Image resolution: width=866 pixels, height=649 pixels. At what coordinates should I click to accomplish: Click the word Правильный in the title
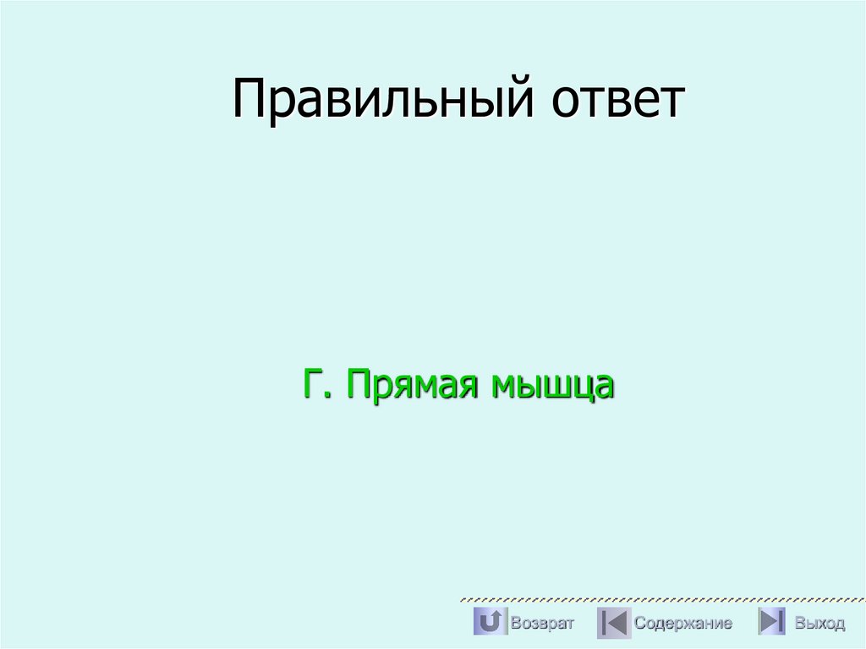[x=383, y=100]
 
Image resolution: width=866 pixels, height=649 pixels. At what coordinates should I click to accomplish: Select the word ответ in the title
[x=618, y=100]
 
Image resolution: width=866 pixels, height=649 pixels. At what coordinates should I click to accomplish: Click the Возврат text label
[x=542, y=624]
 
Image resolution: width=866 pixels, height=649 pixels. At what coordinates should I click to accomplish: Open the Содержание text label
[x=683, y=624]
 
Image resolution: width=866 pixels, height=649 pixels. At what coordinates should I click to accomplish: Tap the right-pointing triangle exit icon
[x=771, y=623]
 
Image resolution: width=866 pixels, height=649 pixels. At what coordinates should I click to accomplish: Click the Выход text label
[x=819, y=624]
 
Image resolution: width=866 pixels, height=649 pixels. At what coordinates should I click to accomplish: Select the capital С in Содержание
[x=640, y=624]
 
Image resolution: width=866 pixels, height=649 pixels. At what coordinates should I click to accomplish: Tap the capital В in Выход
[x=799, y=624]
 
